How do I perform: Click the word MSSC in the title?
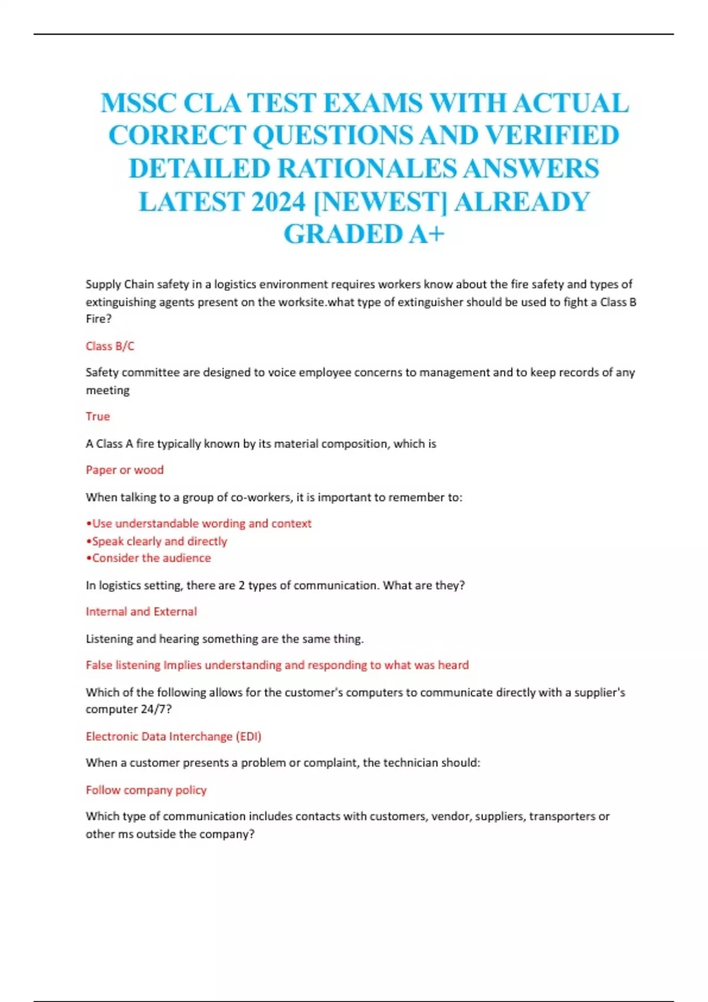pos(138,103)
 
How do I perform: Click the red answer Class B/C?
pos(110,346)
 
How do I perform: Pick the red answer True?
pos(97,416)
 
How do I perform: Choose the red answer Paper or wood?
pos(124,470)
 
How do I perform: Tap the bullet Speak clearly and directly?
pos(156,541)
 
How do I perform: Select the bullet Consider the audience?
pos(148,558)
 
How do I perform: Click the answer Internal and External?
pos(141,611)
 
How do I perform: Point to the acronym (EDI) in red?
pos(248,736)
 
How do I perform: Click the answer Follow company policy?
pos(146,790)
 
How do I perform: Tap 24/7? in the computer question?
pos(156,709)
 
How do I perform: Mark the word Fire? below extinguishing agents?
pos(98,319)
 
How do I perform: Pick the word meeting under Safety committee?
pos(107,390)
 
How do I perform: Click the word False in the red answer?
pos(99,665)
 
